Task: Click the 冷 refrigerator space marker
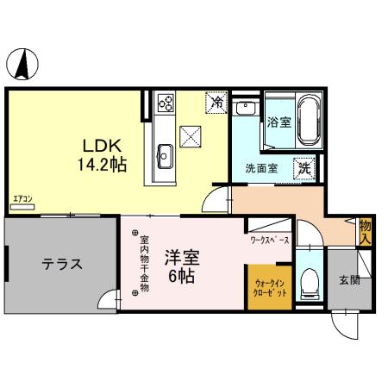pyautogui.click(x=217, y=103)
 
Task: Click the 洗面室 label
pyautogui.click(x=260, y=167)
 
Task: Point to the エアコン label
pyautogui.click(x=22, y=203)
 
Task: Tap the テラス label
pyautogui.click(x=62, y=265)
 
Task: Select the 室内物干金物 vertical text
pyautogui.click(x=144, y=264)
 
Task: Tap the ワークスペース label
pyautogui.click(x=269, y=240)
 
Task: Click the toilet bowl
pyautogui.click(x=309, y=283)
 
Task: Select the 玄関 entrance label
pyautogui.click(x=348, y=279)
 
